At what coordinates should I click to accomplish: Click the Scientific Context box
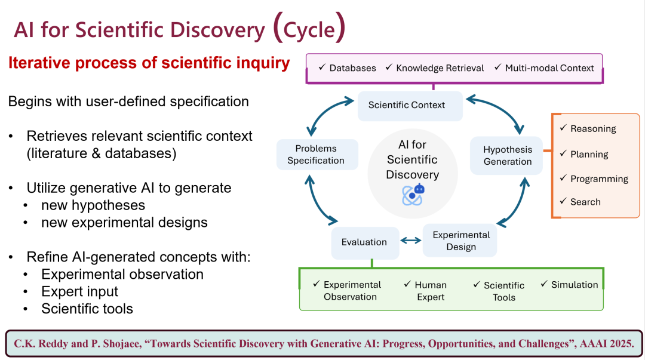pyautogui.click(x=410, y=106)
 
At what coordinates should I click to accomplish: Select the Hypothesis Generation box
pyautogui.click(x=506, y=155)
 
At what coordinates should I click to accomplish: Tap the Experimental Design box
pyautogui.click(x=460, y=241)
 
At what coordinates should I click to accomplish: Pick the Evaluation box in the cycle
pyautogui.click(x=365, y=243)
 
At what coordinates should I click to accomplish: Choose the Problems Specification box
pyautogui.click(x=317, y=154)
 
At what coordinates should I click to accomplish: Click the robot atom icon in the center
pyautogui.click(x=413, y=195)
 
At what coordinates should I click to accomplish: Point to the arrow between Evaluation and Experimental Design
pyautogui.click(x=410, y=241)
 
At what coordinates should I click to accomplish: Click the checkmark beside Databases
pyautogui.click(x=322, y=67)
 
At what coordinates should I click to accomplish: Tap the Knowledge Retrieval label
pyautogui.click(x=440, y=68)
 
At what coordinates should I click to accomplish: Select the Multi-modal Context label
pyautogui.click(x=549, y=68)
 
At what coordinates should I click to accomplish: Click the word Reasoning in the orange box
pyautogui.click(x=593, y=129)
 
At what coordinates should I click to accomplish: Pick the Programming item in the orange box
pyautogui.click(x=599, y=179)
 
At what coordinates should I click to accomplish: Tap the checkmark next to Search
pyautogui.click(x=563, y=201)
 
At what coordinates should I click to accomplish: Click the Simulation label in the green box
pyautogui.click(x=575, y=285)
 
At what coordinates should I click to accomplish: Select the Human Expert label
pyautogui.click(x=430, y=291)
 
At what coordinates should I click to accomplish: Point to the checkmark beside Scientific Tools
pyautogui.click(x=477, y=284)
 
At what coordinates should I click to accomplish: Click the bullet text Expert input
pyautogui.click(x=79, y=291)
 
